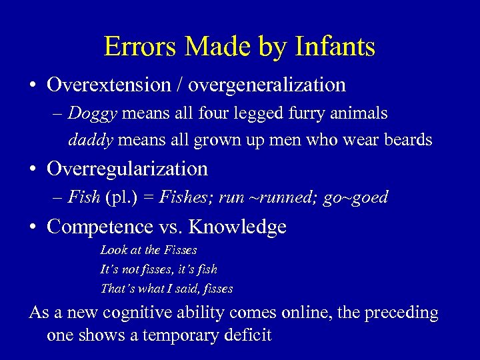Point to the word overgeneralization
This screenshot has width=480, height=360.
point(267,85)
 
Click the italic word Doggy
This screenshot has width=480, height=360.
point(93,114)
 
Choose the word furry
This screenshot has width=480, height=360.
point(316,114)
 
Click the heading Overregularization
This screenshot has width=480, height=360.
point(127,169)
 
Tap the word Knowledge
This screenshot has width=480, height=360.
point(238,227)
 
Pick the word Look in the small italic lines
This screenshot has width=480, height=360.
point(112,250)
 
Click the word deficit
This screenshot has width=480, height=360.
point(247,335)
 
